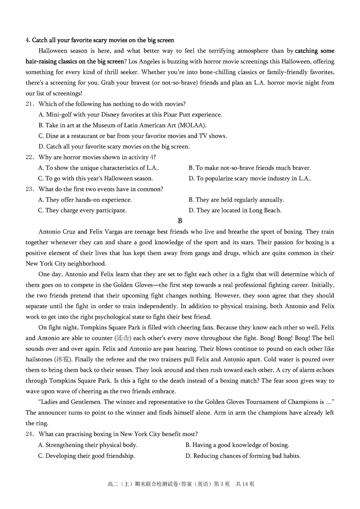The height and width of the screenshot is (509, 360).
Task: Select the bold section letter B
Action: click(180, 221)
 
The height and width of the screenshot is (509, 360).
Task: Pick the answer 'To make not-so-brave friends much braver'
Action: click(250, 168)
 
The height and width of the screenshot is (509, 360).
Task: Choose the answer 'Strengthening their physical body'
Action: click(88, 445)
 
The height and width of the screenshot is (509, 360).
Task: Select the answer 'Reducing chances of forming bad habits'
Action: click(243, 455)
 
